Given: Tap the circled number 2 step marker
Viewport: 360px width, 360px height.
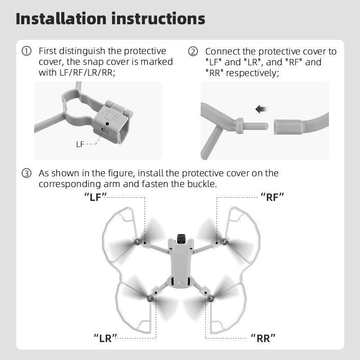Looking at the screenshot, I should point(193,52).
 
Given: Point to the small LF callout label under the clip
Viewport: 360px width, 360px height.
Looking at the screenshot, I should point(80,144).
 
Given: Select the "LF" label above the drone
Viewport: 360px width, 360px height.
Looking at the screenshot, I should point(95,197).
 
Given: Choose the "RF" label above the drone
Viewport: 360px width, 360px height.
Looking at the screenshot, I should point(272,197).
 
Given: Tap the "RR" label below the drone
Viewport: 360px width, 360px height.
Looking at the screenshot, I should point(263,338).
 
